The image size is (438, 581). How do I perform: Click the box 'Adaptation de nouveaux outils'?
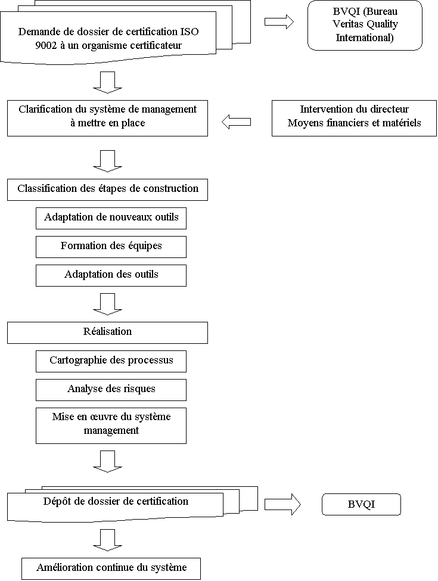point(111,218)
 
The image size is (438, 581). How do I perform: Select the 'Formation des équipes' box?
point(111,247)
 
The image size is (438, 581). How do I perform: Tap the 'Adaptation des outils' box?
point(111,275)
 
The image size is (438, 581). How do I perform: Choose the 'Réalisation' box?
point(107,333)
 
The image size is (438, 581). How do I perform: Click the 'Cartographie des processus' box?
point(111,361)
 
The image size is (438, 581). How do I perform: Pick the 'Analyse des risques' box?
point(111,390)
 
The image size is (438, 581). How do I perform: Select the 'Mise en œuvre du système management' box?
point(111,425)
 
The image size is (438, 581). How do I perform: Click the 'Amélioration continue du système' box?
point(111,568)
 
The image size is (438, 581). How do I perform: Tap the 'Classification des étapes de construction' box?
point(107,189)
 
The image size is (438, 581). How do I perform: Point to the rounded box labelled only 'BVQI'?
point(361,504)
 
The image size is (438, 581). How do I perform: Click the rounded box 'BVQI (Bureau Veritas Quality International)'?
point(365,25)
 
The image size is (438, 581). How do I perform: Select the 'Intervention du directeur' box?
point(354,118)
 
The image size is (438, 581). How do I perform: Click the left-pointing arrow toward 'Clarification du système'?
point(236,122)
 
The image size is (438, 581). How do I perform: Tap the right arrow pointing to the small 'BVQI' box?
point(282,504)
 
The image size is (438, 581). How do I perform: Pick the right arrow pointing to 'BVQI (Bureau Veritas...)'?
point(279,21)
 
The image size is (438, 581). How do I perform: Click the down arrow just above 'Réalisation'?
point(107,305)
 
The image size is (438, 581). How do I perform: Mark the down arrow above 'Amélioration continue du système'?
point(107,540)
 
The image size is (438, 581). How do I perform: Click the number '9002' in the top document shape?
point(46,45)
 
